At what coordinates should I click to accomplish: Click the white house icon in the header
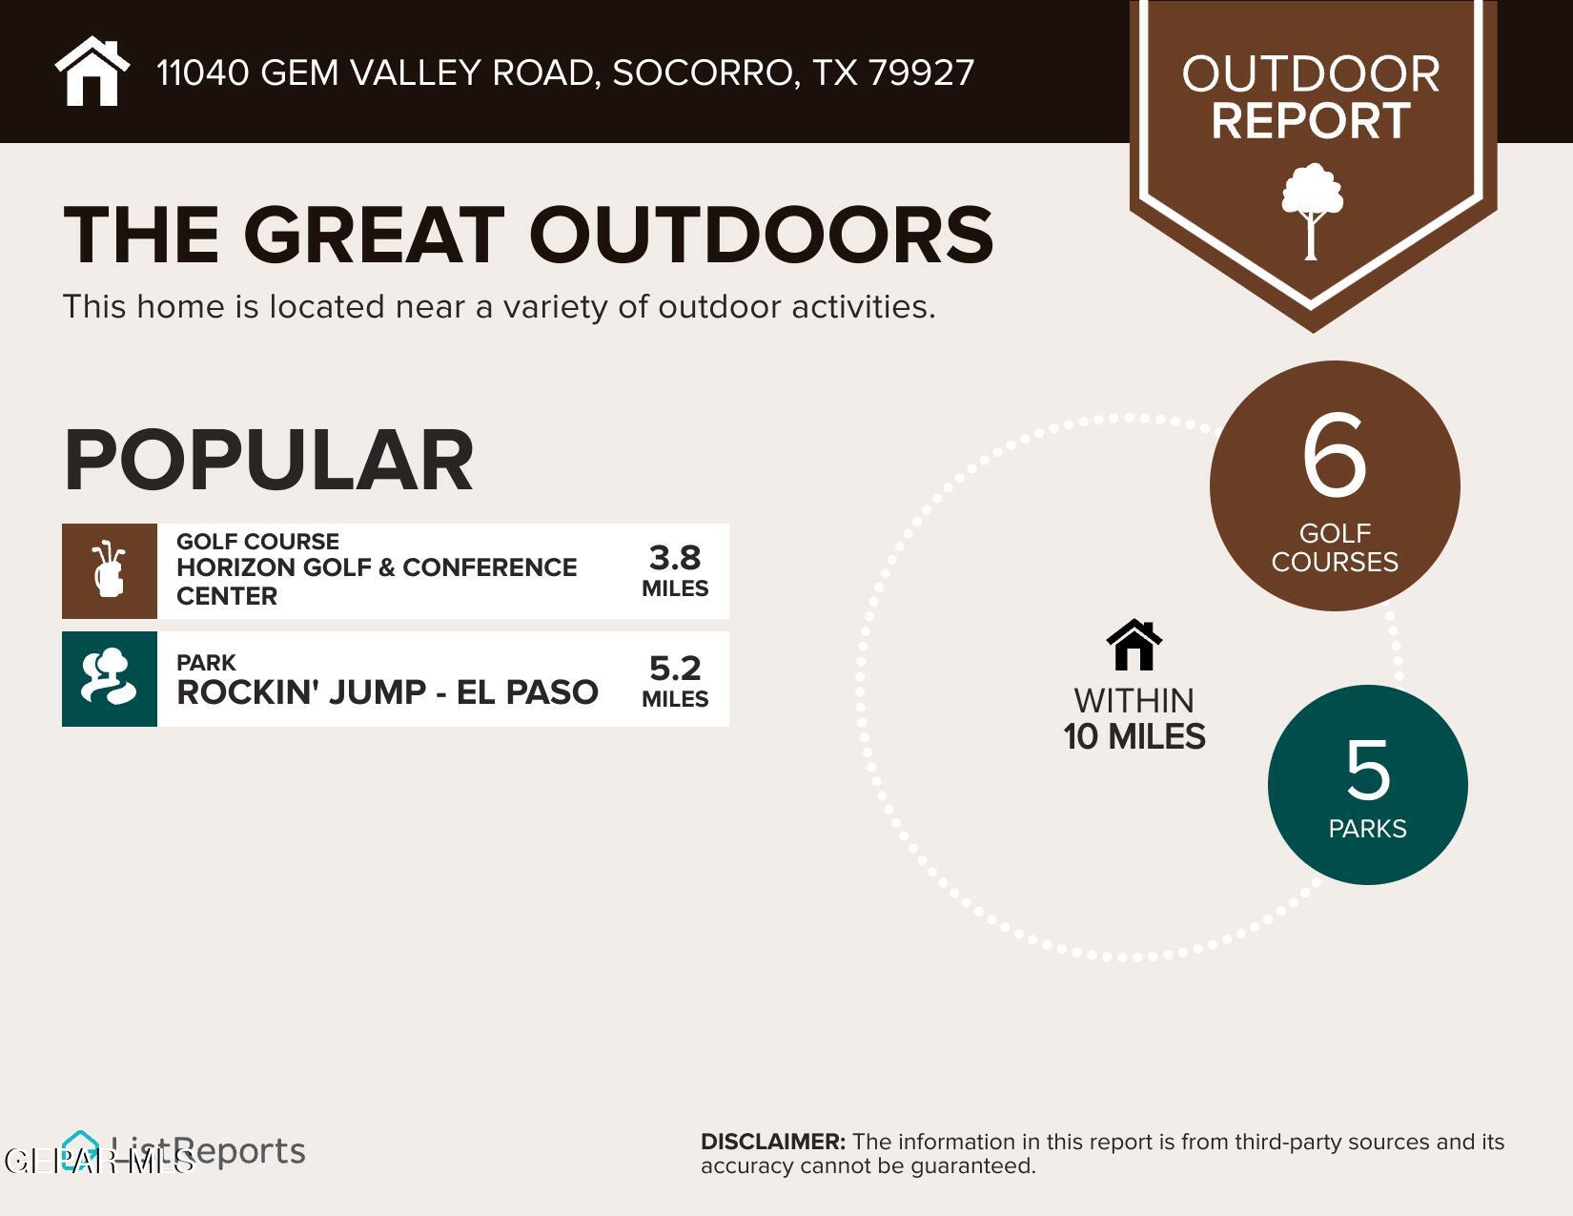92,72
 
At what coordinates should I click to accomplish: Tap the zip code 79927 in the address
921,73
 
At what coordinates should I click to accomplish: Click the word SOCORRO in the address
701,73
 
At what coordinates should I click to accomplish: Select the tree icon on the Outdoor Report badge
1312,211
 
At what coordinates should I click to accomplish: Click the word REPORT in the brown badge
1311,121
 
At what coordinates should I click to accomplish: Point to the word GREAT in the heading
373,235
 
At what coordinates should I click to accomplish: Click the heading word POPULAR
269,461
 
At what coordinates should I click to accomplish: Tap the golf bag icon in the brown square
109,570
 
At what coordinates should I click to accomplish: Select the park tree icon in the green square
109,678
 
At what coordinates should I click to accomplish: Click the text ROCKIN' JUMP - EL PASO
387,691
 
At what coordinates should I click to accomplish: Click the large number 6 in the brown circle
1334,457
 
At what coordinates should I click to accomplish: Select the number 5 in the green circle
1367,771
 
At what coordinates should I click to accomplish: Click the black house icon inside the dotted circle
1134,646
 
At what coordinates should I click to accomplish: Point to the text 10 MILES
1134,737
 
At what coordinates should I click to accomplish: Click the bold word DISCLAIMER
772,1142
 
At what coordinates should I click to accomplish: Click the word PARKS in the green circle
1367,829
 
